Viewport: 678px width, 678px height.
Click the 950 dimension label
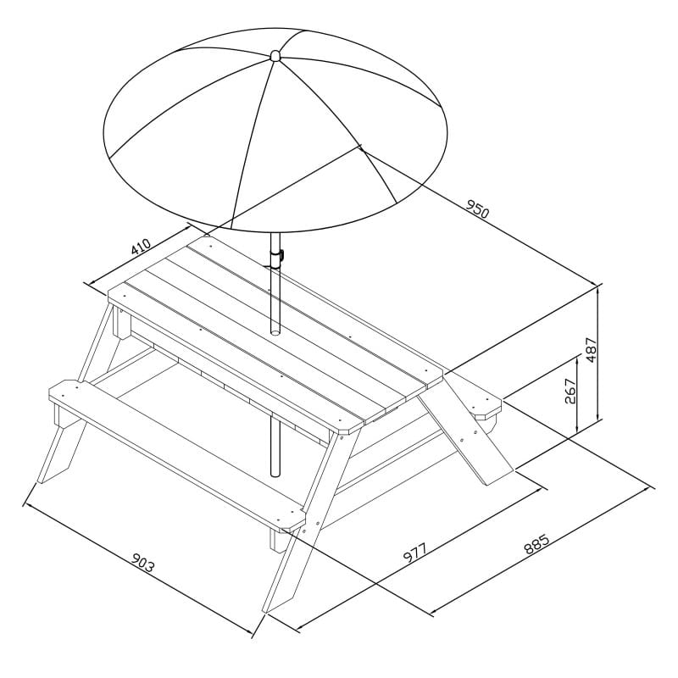click(x=477, y=208)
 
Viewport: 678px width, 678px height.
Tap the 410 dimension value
click(x=141, y=247)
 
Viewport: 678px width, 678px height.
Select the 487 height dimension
click(x=592, y=350)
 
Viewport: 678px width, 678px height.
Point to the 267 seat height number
click(x=570, y=391)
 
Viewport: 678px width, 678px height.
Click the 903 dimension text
click(x=142, y=563)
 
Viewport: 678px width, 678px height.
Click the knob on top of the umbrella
click(x=275, y=55)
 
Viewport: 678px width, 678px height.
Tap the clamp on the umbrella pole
click(x=276, y=257)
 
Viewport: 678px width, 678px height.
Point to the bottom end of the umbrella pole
click(x=275, y=474)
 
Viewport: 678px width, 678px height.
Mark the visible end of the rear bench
click(x=486, y=405)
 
